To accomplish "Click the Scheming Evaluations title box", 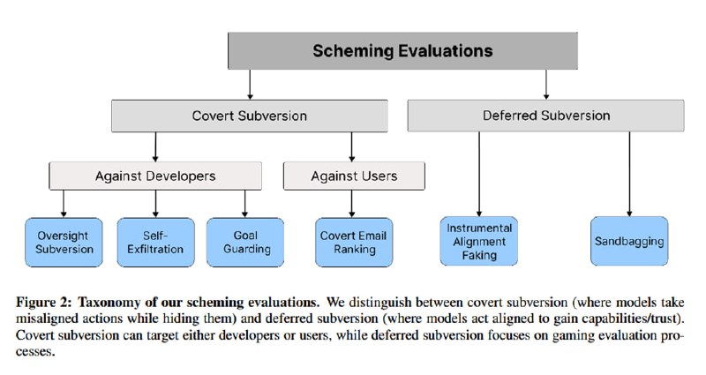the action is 402,51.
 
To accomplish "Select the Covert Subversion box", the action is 250,116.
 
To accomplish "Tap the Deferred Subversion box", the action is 545,116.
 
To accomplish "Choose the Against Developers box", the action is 155,176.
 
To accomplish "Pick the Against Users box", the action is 354,176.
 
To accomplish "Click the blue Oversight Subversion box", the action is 64,242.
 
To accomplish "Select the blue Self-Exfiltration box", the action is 156,242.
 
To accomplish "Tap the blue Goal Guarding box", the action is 245,242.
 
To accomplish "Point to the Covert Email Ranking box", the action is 354,242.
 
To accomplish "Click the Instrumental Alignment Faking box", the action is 479,241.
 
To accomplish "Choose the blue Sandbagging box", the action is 629,241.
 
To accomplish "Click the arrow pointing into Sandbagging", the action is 629,174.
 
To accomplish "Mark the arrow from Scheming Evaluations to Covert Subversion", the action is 250,85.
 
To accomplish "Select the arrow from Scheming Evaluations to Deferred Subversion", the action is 546,85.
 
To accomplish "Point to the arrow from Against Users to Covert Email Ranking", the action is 351,204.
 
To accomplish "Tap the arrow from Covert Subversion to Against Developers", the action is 155,146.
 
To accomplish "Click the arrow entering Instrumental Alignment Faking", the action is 479,174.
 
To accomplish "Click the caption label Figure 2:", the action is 43,302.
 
